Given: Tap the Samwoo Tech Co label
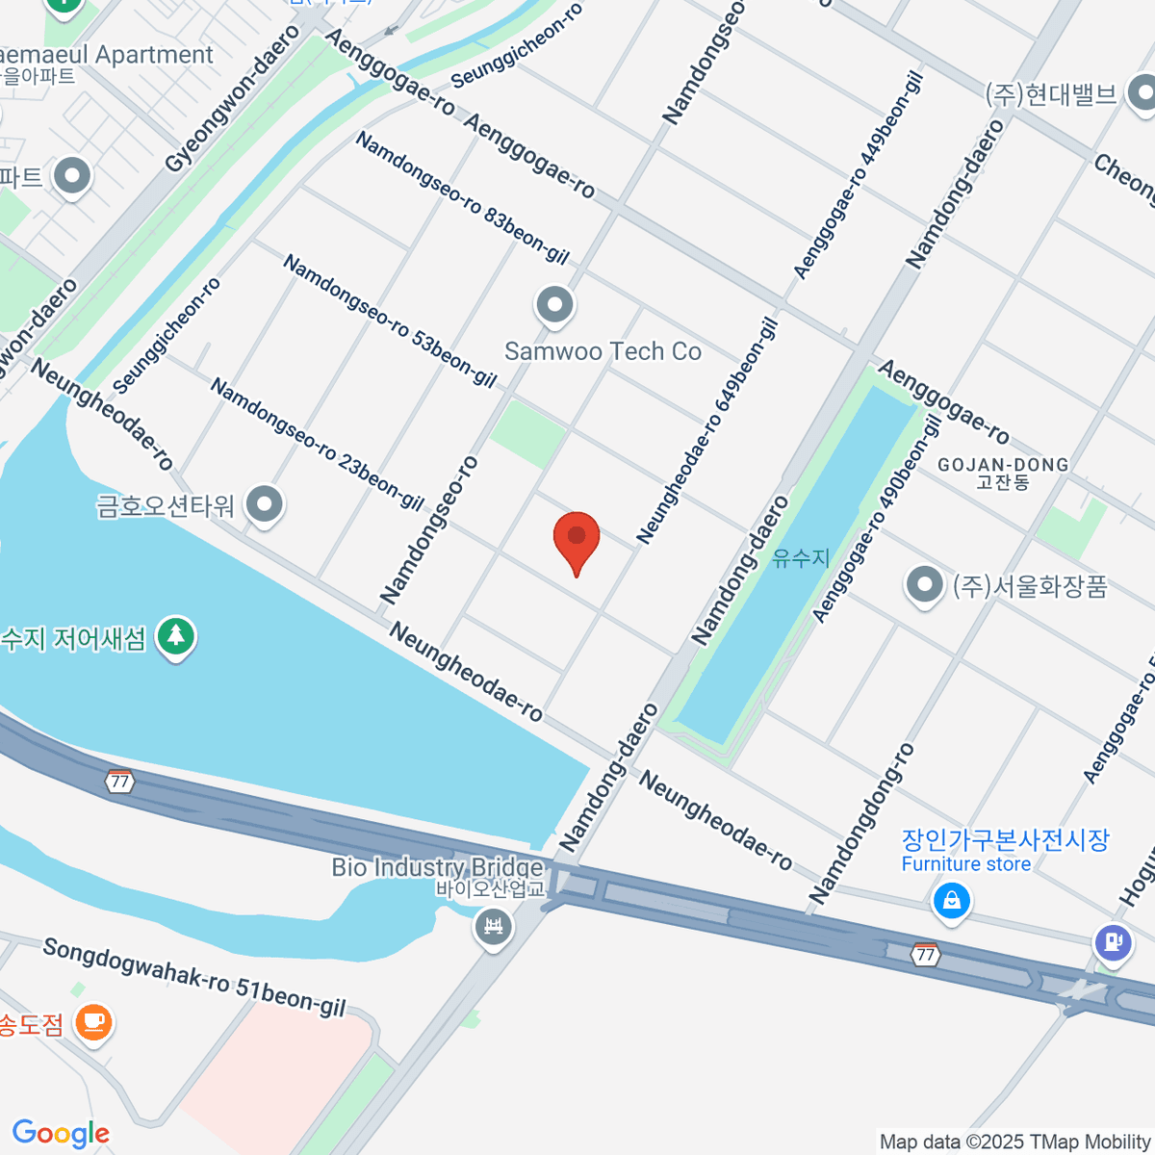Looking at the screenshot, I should [x=603, y=351].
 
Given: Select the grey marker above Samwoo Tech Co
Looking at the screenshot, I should [x=554, y=306].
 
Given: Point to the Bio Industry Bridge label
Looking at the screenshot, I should [x=437, y=867].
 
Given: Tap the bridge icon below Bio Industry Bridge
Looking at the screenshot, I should [x=494, y=927].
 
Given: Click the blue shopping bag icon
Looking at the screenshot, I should [x=951, y=901].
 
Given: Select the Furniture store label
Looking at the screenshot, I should [x=965, y=864].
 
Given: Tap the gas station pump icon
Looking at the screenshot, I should [x=1114, y=941].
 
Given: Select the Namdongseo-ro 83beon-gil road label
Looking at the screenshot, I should [x=462, y=197].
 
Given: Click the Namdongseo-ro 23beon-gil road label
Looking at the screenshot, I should [x=317, y=444].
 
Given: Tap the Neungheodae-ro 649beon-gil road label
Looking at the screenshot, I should [x=707, y=431].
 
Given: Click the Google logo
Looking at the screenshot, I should [x=61, y=1134].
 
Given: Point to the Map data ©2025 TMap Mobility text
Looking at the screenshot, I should [x=1015, y=1142].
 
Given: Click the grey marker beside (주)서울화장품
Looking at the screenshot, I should [x=925, y=584].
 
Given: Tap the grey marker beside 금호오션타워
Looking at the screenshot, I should [x=264, y=504].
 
